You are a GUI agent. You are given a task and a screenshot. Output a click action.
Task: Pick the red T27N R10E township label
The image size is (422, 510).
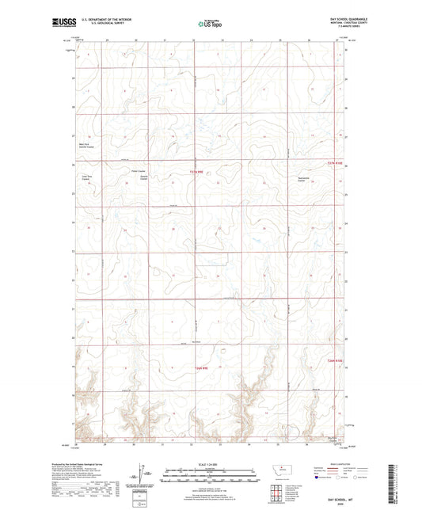pyautogui.click(x=336, y=164)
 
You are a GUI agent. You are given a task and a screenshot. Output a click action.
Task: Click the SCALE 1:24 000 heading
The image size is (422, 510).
pyautogui.click(x=211, y=465)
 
